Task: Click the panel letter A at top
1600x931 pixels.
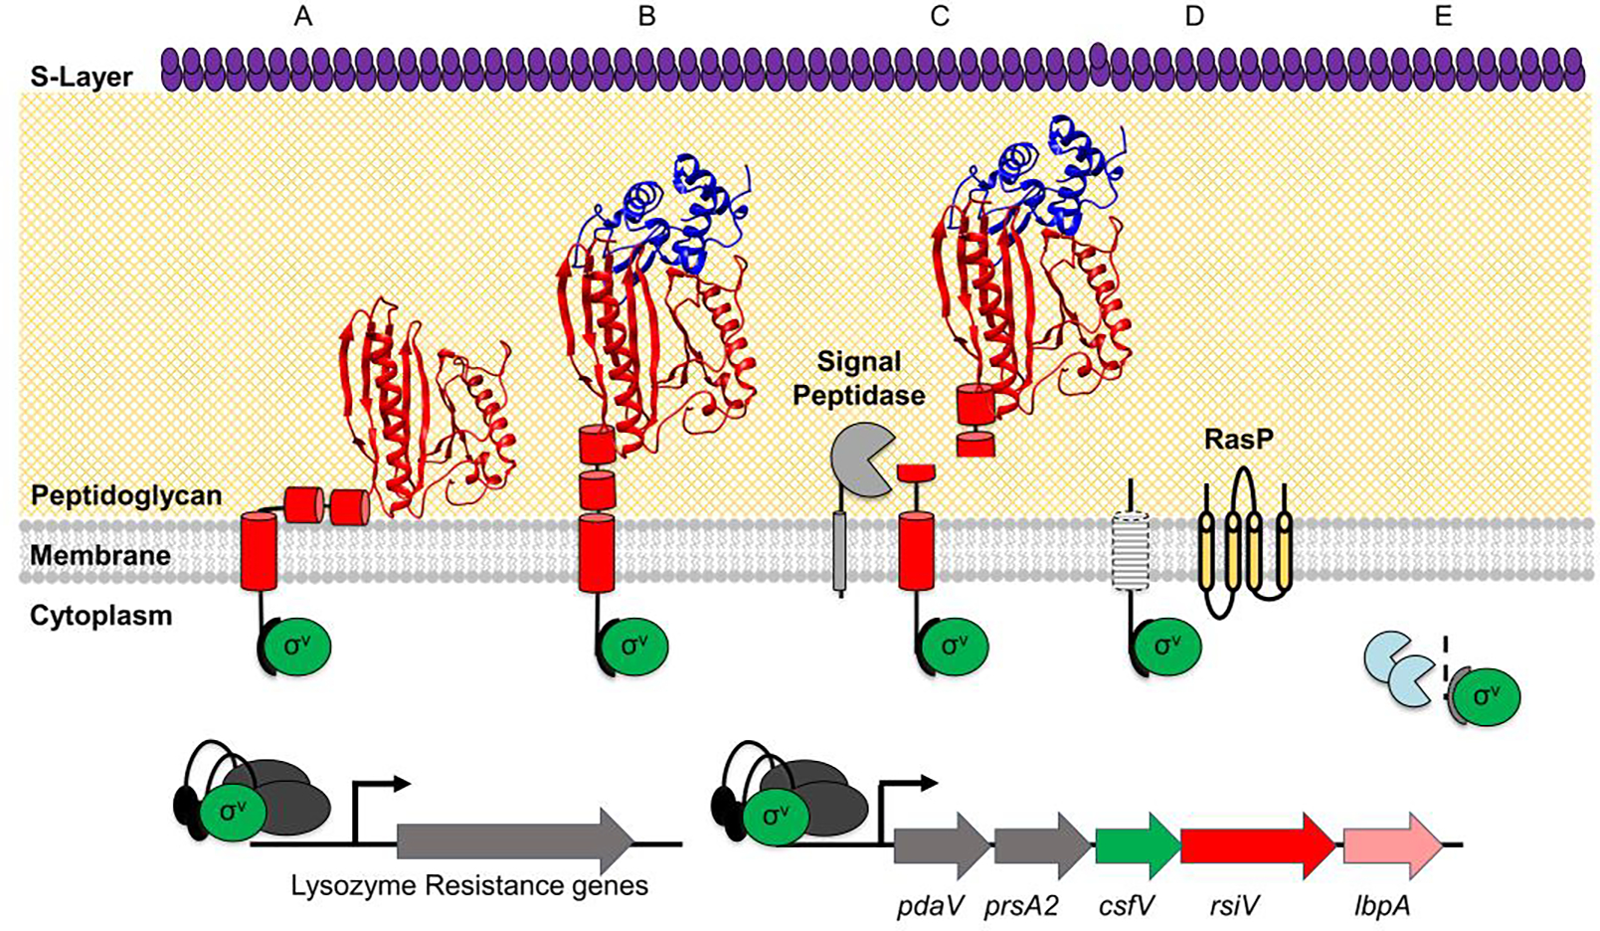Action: tap(303, 16)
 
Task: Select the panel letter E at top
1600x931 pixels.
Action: tap(1443, 16)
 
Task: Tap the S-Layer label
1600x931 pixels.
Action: tap(81, 77)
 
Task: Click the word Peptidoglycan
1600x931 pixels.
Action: tap(125, 495)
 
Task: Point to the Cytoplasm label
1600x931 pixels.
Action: tap(100, 616)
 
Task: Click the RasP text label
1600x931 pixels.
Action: tap(1238, 439)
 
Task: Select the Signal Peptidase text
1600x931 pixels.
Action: tap(859, 378)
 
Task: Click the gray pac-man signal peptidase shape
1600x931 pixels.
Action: tap(857, 459)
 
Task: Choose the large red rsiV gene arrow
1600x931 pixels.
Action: tap(1256, 844)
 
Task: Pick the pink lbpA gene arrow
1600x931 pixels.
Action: tap(1390, 844)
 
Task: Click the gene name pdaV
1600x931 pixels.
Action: tap(932, 906)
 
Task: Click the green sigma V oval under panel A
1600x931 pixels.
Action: tap(295, 646)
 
